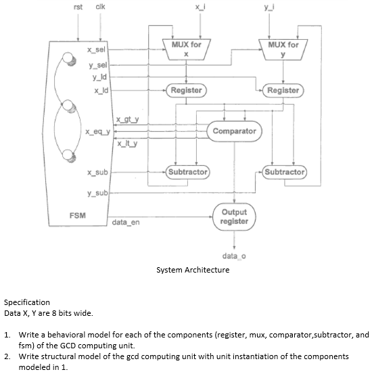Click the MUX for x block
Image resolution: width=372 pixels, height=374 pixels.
186,49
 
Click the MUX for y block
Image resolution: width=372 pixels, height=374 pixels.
283,49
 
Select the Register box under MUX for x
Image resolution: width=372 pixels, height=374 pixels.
186,90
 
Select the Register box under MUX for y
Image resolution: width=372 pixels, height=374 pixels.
283,90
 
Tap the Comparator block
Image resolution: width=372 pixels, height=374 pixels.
234,131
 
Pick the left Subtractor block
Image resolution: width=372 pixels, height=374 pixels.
187,172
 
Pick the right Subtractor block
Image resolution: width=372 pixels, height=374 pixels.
284,172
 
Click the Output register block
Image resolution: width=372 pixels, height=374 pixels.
234,216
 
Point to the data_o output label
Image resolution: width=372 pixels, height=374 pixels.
233,255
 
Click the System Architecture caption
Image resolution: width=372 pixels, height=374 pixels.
193,270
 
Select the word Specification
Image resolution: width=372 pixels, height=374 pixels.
27,302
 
